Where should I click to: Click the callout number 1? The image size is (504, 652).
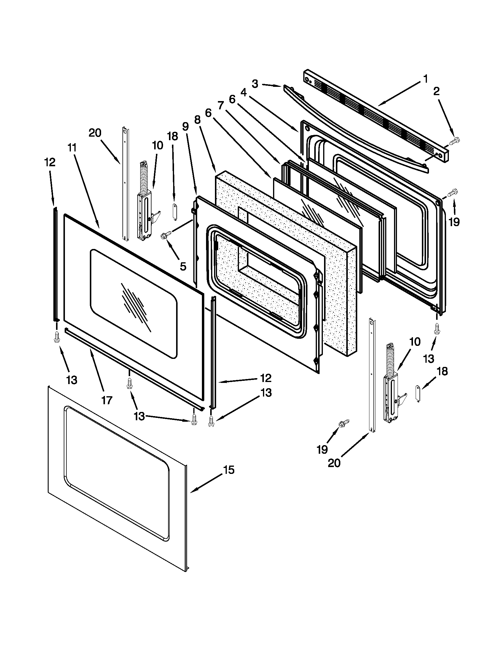425,79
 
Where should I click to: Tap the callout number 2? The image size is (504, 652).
436,91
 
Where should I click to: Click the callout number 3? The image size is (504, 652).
255,84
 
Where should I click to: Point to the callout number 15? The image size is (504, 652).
229,470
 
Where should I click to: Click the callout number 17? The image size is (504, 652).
107,400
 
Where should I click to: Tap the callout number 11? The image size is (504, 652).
72,148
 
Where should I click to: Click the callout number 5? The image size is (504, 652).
183,266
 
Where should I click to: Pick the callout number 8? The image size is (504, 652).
197,120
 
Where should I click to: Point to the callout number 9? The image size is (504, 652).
185,127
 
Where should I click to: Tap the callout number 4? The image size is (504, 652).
243,93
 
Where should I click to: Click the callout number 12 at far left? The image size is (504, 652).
50,162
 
